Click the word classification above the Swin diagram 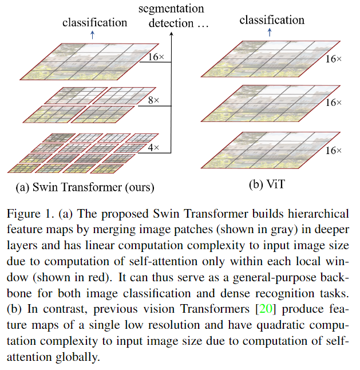coord(94,23)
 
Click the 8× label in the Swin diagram coord(153,100)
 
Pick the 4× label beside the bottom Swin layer coord(153,148)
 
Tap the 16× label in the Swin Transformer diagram coord(156,57)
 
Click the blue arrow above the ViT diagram coord(271,33)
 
